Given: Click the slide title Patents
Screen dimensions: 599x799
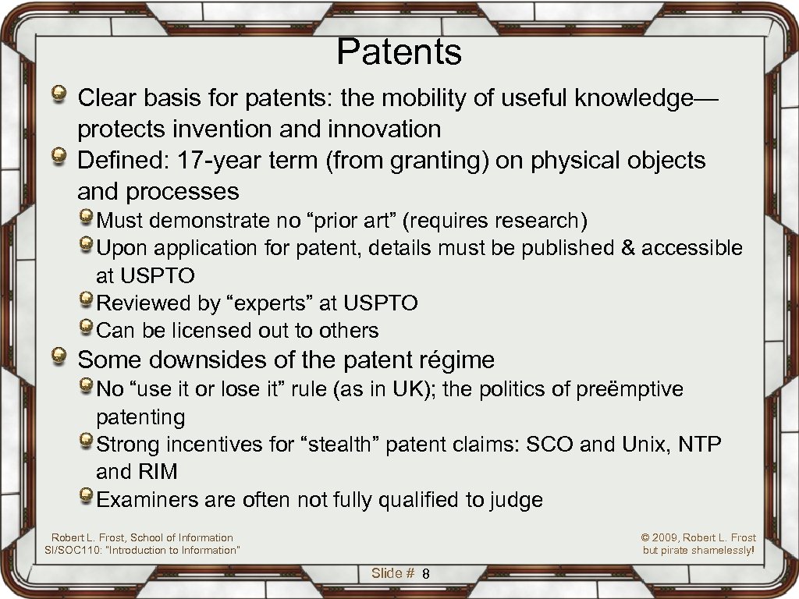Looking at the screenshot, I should pyautogui.click(x=399, y=52).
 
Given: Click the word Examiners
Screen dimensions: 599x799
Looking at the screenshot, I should pyautogui.click(x=147, y=500).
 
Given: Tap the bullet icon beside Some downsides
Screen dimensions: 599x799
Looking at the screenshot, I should pyautogui.click(x=59, y=358).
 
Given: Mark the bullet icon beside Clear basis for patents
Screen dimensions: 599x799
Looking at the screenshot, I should pyautogui.click(x=59, y=97).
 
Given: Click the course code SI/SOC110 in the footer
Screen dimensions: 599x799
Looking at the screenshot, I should pyautogui.click(x=78, y=550).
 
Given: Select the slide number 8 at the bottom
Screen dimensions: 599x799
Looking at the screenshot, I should pyautogui.click(x=426, y=575).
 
